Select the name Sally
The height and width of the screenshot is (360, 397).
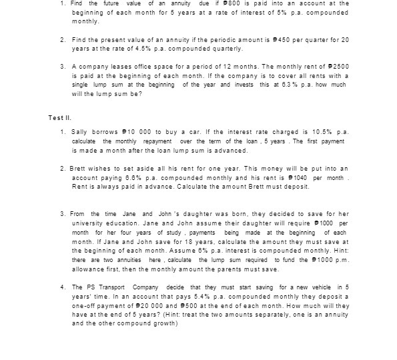[x=80, y=133]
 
